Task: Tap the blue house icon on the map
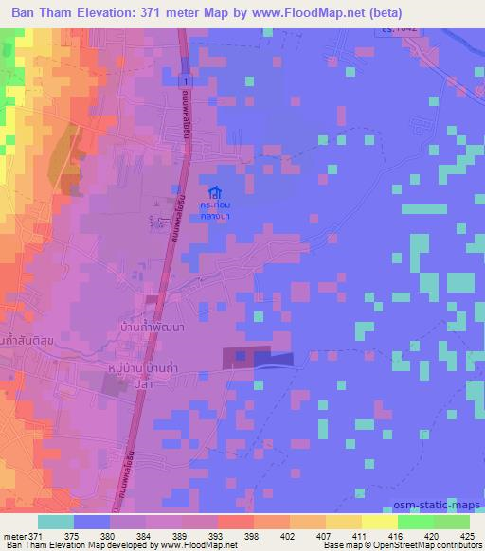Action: coord(217,192)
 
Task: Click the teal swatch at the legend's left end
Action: coord(56,522)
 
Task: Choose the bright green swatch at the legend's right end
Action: coord(451,522)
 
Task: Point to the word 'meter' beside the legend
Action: coord(13,536)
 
